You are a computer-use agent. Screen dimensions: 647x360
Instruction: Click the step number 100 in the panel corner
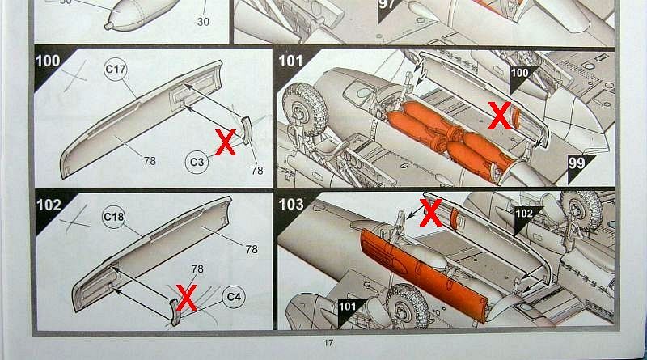pos(48,61)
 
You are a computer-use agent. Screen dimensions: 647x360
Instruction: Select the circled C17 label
pos(115,69)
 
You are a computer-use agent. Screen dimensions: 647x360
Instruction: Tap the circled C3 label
pos(197,162)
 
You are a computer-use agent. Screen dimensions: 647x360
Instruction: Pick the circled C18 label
pos(113,217)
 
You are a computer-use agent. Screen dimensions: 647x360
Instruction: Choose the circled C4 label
pos(234,297)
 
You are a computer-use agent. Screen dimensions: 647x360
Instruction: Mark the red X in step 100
pos(226,142)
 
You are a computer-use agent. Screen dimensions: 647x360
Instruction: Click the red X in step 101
pos(500,116)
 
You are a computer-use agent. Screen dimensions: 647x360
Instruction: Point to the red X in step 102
pos(187,297)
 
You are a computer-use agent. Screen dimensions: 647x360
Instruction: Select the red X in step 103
pos(431,212)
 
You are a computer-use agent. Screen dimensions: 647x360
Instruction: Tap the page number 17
pos(328,343)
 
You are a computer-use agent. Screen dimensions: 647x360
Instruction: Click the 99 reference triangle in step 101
pos(580,167)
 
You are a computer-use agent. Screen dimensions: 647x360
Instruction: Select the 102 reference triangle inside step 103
pos(526,218)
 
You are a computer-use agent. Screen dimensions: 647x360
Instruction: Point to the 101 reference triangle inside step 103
pos(349,311)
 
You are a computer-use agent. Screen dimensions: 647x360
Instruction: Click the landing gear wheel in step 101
pos(305,109)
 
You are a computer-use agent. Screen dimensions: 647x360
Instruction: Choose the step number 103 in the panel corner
pos(291,205)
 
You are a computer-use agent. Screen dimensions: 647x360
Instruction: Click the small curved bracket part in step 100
pos(246,130)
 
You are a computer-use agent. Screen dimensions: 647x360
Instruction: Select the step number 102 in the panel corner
pos(49,205)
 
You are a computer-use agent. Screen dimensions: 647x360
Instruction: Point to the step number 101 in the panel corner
pos(291,61)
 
